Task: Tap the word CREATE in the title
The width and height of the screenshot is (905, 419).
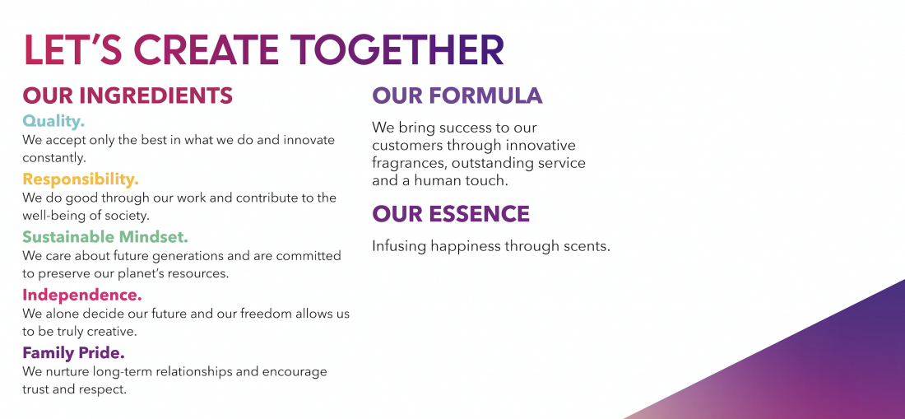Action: [203, 50]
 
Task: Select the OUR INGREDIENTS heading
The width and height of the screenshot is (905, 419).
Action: [128, 95]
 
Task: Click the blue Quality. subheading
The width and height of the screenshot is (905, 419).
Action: [53, 121]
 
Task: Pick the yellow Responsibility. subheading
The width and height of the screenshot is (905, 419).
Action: [81, 179]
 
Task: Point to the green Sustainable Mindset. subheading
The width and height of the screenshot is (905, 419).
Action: [105, 237]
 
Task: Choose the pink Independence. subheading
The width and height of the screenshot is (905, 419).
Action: [82, 295]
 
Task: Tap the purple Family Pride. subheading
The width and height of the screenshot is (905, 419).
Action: [73, 353]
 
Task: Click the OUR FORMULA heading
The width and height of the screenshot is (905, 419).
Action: [457, 95]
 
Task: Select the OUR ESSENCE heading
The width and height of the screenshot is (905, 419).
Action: [451, 214]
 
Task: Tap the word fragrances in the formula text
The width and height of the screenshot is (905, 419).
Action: [408, 163]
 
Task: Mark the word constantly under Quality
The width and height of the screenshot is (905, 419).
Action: [53, 156]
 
